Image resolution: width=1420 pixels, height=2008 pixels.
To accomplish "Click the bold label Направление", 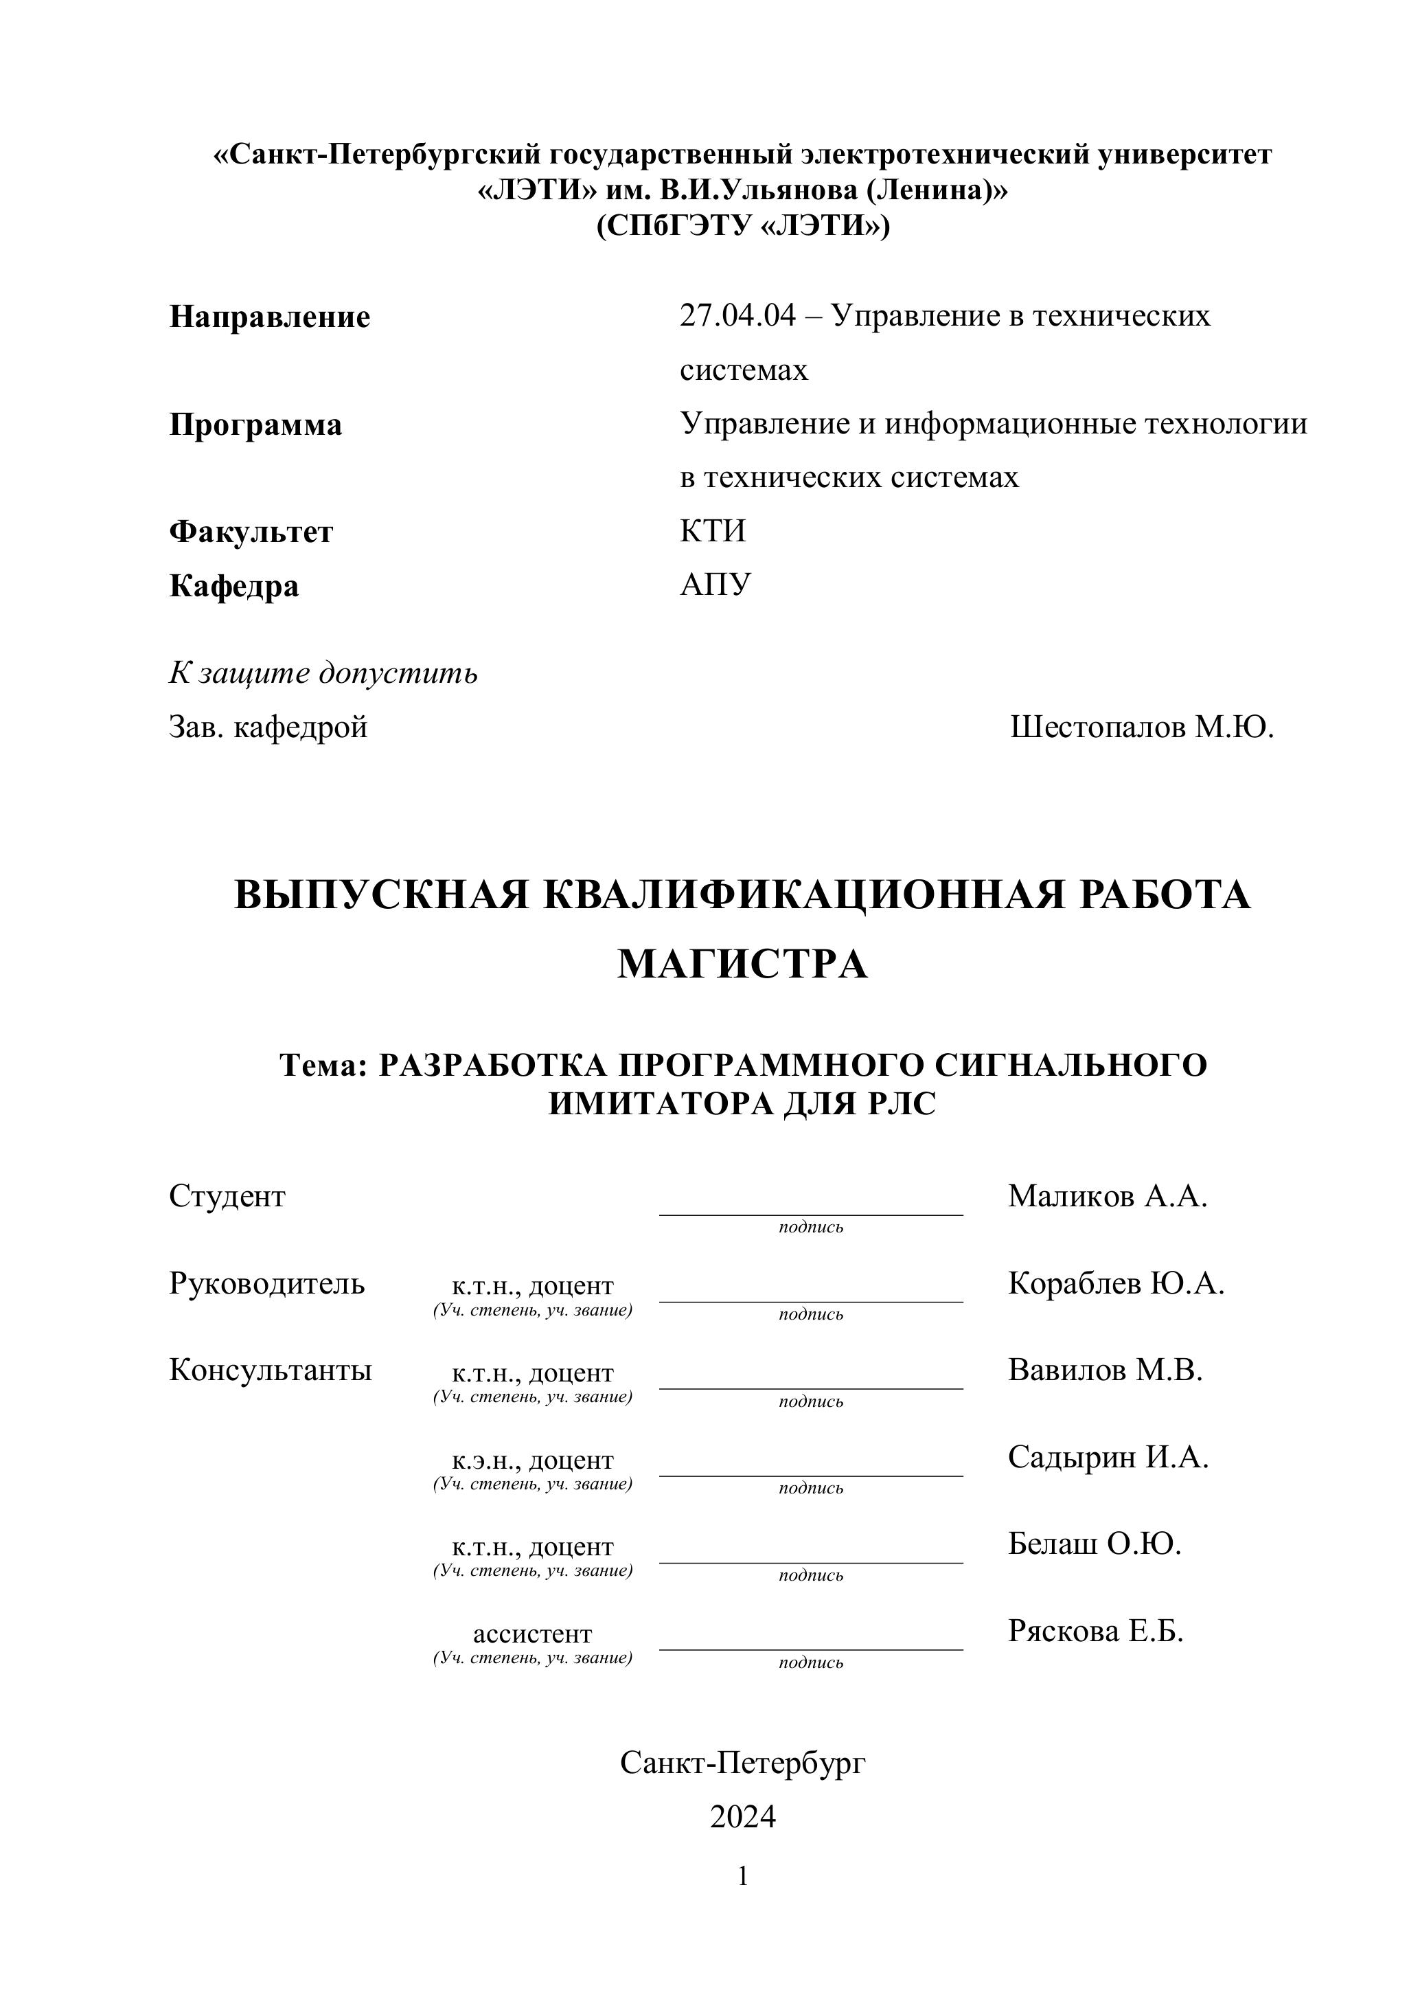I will (x=269, y=317).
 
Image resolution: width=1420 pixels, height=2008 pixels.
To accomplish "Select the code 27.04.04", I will (x=738, y=315).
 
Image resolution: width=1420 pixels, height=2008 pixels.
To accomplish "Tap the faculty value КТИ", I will (x=713, y=531).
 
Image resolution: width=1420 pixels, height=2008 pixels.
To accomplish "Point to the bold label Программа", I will (x=255, y=425).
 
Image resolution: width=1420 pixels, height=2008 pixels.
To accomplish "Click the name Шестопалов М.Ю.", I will (x=1141, y=727).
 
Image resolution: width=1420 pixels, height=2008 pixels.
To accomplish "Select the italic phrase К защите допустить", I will (x=323, y=673).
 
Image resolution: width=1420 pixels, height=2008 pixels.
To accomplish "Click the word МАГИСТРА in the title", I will (x=742, y=964).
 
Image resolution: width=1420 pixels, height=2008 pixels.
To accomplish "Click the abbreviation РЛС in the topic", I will (x=902, y=1105).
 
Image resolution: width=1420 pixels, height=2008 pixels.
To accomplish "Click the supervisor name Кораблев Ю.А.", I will (x=1116, y=1283).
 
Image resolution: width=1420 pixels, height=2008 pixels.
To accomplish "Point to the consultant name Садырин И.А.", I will (x=1108, y=1457).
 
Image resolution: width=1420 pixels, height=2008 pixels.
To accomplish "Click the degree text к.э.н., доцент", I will (x=533, y=1460).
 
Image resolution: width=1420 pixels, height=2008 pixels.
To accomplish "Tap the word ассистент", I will (x=533, y=1634).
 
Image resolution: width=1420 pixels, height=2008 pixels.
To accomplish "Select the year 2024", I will (x=742, y=1817).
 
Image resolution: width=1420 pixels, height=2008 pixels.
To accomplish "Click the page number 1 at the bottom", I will (x=742, y=1877).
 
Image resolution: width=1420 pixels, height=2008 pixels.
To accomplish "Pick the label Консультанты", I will (x=270, y=1370).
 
